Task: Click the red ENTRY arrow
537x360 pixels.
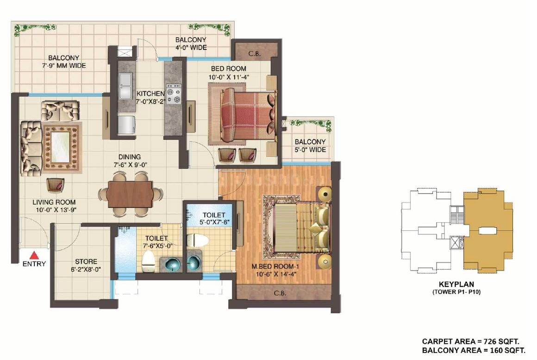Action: pyautogui.click(x=34, y=255)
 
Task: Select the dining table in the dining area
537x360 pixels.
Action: pyautogui.click(x=130, y=194)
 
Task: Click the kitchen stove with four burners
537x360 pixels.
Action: pyautogui.click(x=174, y=94)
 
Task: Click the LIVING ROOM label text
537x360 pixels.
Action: pyautogui.click(x=54, y=202)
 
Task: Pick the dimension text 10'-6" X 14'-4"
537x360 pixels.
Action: pyautogui.click(x=274, y=273)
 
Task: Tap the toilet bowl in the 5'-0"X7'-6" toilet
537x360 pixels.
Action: pyautogui.click(x=197, y=240)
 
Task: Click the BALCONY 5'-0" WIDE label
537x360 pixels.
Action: pyautogui.click(x=310, y=145)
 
